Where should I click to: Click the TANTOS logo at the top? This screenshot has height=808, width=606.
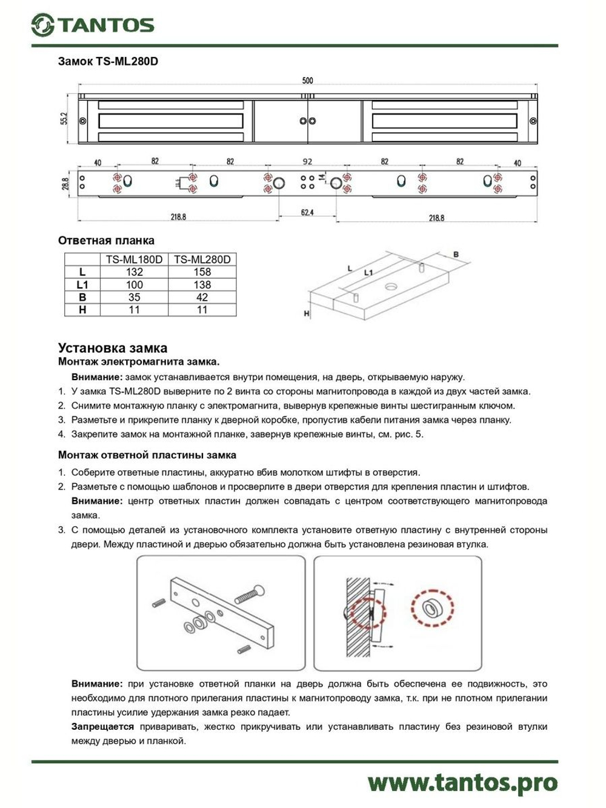coord(93,25)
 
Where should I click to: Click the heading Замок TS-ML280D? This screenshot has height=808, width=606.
coord(108,61)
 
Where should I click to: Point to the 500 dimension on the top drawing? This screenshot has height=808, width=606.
coord(308,81)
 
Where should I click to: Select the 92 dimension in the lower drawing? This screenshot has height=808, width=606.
coord(307,161)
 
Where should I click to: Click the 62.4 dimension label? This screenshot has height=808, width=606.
coord(307,213)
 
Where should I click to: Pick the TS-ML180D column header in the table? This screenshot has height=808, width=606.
coord(134,259)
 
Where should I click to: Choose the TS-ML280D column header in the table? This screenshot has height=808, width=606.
coord(202,259)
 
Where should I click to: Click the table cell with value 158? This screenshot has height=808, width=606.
coord(202,272)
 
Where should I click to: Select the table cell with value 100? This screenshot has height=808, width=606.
coord(134,285)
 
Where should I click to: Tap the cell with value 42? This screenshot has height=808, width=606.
coord(202,298)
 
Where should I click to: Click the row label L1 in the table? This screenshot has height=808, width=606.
coord(82,285)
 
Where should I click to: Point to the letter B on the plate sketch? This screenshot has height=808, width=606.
coord(456,255)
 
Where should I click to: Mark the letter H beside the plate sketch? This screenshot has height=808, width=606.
coord(307,313)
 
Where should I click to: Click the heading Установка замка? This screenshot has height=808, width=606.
coord(113,348)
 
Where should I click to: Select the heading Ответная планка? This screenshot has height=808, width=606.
coord(106,241)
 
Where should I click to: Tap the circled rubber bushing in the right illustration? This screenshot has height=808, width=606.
coord(432,607)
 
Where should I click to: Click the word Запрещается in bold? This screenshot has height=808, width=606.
coord(102,727)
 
